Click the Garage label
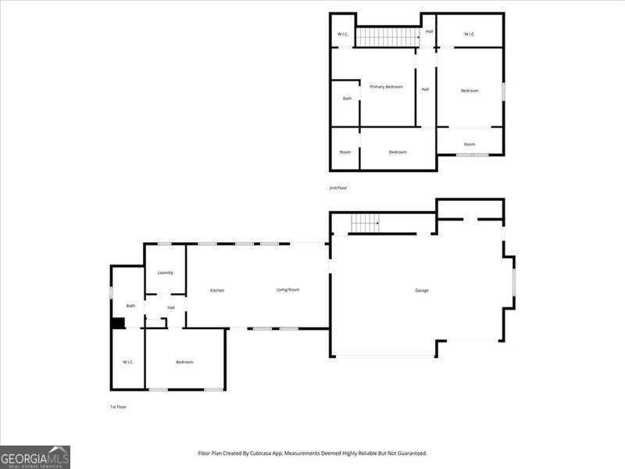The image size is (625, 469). pyautogui.click(x=422, y=291)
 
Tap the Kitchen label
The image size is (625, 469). pyautogui.click(x=217, y=291)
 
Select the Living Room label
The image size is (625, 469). pyautogui.click(x=288, y=290)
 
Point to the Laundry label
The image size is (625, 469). pyautogui.click(x=165, y=273)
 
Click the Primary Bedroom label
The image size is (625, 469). pyautogui.click(x=387, y=87)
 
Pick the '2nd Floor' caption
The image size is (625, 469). pyautogui.click(x=337, y=188)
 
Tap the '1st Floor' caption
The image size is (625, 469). pyautogui.click(x=118, y=407)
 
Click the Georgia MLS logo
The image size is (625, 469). pyautogui.click(x=35, y=456)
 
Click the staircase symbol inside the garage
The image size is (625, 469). pyautogui.click(x=365, y=223)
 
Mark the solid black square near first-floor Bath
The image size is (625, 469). pyautogui.click(x=118, y=323)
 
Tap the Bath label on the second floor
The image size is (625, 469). pyautogui.click(x=347, y=98)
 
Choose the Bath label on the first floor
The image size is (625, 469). pyautogui.click(x=131, y=306)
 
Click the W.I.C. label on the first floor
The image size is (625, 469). pyautogui.click(x=128, y=362)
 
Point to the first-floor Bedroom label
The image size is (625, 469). pyautogui.click(x=184, y=362)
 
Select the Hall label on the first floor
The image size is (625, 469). pyautogui.click(x=170, y=308)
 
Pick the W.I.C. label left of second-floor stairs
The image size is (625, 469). pyautogui.click(x=342, y=34)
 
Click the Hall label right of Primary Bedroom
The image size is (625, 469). pyautogui.click(x=425, y=89)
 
